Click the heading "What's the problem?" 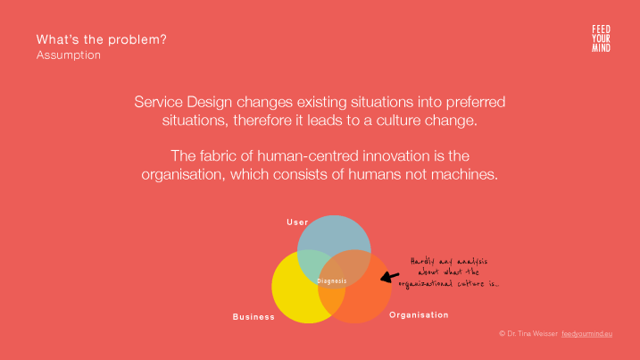(102, 39)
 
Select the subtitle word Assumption (69, 55)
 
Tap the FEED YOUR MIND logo (602, 38)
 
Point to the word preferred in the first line (476, 102)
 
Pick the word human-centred (308, 156)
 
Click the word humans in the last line (374, 174)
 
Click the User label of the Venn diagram (297, 222)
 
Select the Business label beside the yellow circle (254, 317)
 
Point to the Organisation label (419, 315)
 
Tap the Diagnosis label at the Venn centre (332, 281)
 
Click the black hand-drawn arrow (389, 277)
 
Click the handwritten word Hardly (422, 262)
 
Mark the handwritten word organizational (426, 284)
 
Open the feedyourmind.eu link (587, 334)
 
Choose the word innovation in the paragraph (396, 156)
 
